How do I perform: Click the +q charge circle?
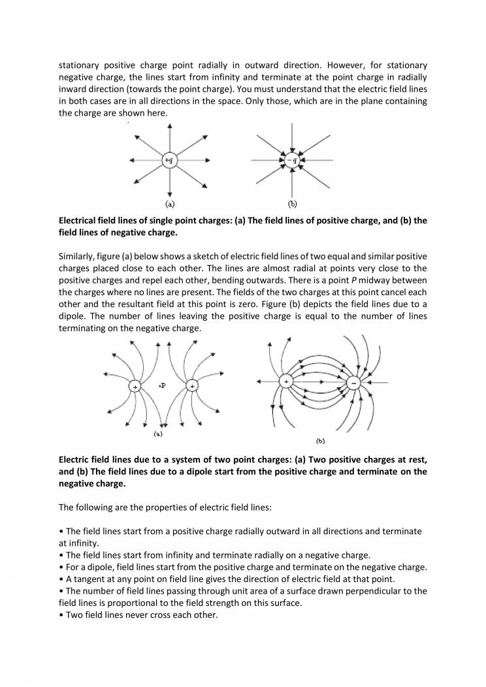[169, 160]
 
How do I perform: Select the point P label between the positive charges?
[162, 385]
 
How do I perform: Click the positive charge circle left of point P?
[135, 387]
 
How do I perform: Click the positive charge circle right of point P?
[191, 387]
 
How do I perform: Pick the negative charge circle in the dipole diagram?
[353, 383]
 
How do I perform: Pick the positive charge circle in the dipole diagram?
[285, 381]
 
